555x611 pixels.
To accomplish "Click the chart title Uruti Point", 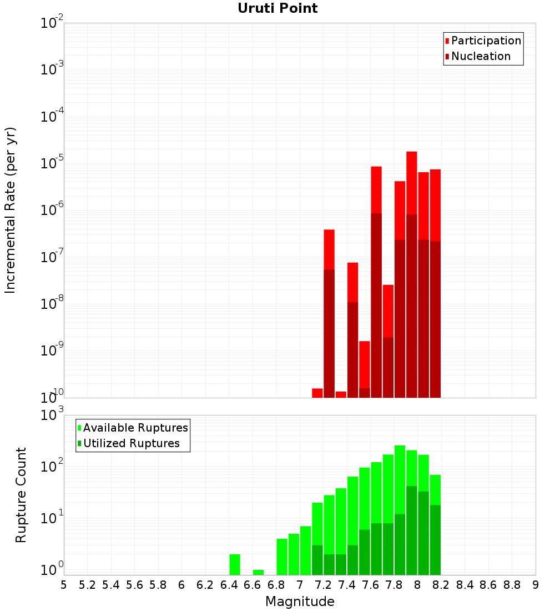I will [277, 8].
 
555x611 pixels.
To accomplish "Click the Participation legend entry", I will [483, 41].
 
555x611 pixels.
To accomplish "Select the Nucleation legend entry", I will [477, 56].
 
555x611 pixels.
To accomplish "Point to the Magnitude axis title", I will [300, 602].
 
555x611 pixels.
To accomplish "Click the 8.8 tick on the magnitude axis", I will [512, 585].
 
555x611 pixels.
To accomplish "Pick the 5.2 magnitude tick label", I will [87, 585].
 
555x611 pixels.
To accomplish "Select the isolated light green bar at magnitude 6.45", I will [235, 564].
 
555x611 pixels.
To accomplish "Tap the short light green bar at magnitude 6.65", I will [258, 572].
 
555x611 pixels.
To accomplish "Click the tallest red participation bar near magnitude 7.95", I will [411, 183].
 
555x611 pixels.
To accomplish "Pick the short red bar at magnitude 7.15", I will [317, 393].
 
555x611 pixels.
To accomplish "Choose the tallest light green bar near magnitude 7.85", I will [400, 478].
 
